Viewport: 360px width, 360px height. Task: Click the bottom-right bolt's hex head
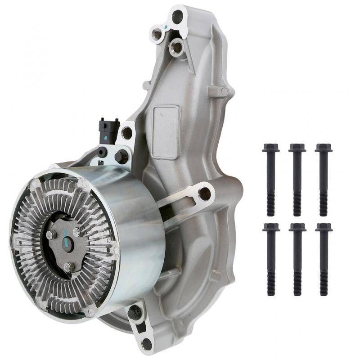coord(324,227)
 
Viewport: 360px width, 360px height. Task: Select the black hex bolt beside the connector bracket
coord(121,157)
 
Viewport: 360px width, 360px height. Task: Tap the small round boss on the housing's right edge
coord(224,92)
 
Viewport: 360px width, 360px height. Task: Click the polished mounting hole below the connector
coord(127,133)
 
